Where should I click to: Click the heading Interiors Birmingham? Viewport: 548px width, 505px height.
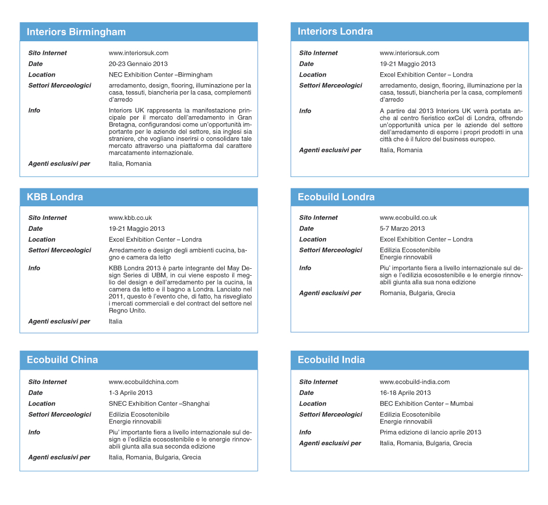click(x=76, y=32)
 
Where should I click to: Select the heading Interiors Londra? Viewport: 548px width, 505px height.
click(x=335, y=31)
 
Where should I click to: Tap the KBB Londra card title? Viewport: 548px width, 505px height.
click(x=55, y=197)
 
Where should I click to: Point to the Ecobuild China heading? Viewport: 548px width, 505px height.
click(x=62, y=360)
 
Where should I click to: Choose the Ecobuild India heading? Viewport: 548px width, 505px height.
click(x=331, y=360)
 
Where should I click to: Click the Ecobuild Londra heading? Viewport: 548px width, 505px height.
click(x=336, y=197)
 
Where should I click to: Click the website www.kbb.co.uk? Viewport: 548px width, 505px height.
click(x=130, y=218)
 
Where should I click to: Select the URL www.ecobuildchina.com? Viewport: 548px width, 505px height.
click(x=143, y=382)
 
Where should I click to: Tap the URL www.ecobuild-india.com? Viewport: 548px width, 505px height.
click(x=415, y=382)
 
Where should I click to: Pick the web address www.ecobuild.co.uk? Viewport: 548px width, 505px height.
click(x=408, y=218)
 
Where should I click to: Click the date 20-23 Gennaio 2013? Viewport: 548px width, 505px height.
click(x=138, y=64)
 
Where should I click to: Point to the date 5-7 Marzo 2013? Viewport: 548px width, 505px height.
click(x=402, y=229)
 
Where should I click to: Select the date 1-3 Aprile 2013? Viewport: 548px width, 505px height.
click(x=130, y=393)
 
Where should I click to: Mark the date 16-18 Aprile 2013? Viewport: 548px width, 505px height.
click(x=405, y=393)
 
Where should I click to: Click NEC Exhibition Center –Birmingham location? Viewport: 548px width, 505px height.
click(x=161, y=75)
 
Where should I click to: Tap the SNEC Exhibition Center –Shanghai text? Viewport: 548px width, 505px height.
click(x=159, y=404)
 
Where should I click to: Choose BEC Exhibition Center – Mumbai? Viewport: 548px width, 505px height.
click(x=426, y=404)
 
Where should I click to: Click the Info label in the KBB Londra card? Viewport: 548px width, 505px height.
click(x=34, y=268)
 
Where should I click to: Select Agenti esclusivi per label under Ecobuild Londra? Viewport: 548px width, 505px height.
click(x=330, y=293)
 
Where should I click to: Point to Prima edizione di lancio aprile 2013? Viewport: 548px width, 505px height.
click(x=430, y=433)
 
